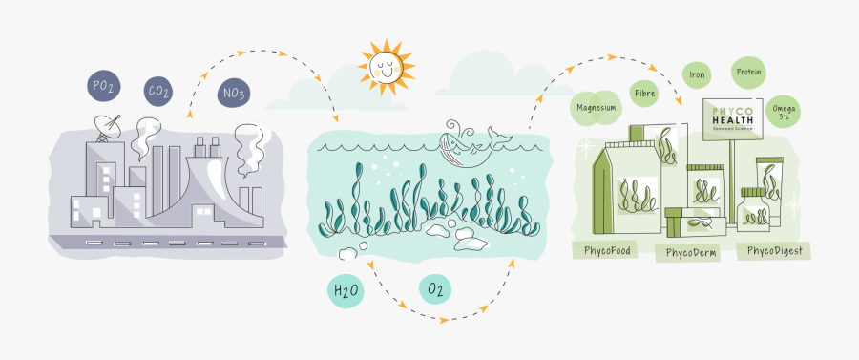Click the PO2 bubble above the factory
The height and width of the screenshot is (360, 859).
point(103,87)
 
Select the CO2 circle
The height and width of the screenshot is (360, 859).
point(159,93)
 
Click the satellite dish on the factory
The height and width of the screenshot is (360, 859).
point(104,124)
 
